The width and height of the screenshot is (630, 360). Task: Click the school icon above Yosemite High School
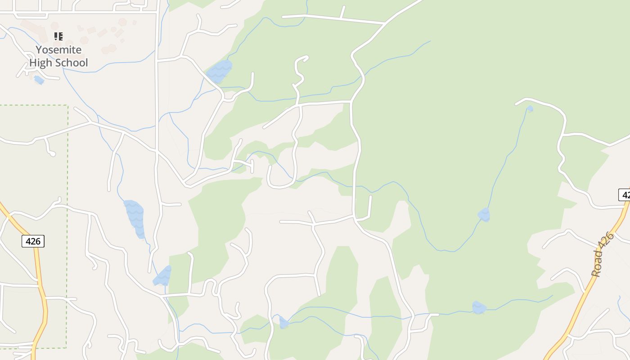point(58,36)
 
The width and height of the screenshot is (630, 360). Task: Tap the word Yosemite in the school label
point(58,49)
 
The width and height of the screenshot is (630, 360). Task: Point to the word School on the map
point(71,63)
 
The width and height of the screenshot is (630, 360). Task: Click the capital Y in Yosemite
point(39,49)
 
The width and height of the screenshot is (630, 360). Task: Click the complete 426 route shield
point(33,241)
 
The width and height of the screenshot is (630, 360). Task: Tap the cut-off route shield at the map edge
point(625,194)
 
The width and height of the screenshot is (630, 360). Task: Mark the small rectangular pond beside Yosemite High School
point(39,80)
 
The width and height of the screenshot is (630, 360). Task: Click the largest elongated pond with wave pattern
point(135,217)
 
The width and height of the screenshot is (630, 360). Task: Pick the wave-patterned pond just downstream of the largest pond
point(162,276)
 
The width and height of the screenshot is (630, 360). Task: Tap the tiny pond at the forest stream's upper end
point(530,108)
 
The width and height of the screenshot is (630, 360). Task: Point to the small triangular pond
point(283,323)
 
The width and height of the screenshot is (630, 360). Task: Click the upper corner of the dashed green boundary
point(67,106)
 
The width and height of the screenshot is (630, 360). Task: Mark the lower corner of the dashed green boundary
point(67,347)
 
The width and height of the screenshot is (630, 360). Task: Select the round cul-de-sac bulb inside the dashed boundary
point(53,154)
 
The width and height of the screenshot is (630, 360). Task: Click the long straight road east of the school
point(157,90)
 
